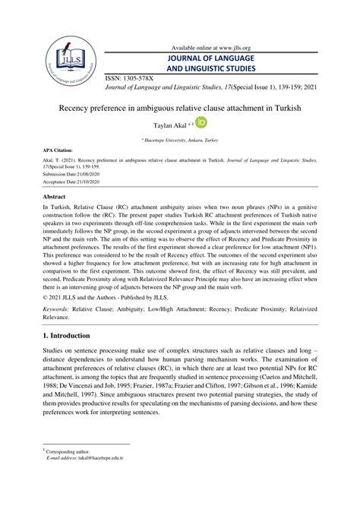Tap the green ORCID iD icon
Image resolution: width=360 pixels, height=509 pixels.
click(x=201, y=122)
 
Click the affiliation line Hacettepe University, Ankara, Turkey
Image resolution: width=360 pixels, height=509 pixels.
click(x=181, y=141)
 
